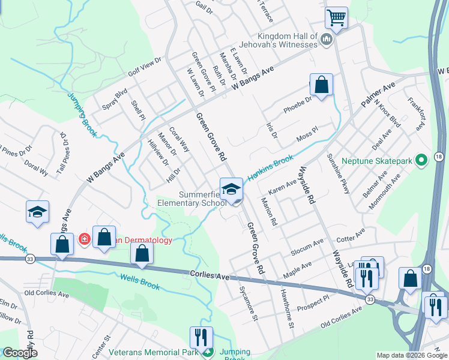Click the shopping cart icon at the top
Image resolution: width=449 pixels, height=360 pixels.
(x=337, y=17)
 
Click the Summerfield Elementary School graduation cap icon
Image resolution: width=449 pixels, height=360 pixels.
(x=230, y=190)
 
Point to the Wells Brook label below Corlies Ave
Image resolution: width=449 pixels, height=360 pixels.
(x=140, y=281)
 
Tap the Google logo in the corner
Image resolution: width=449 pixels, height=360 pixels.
(x=20, y=353)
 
